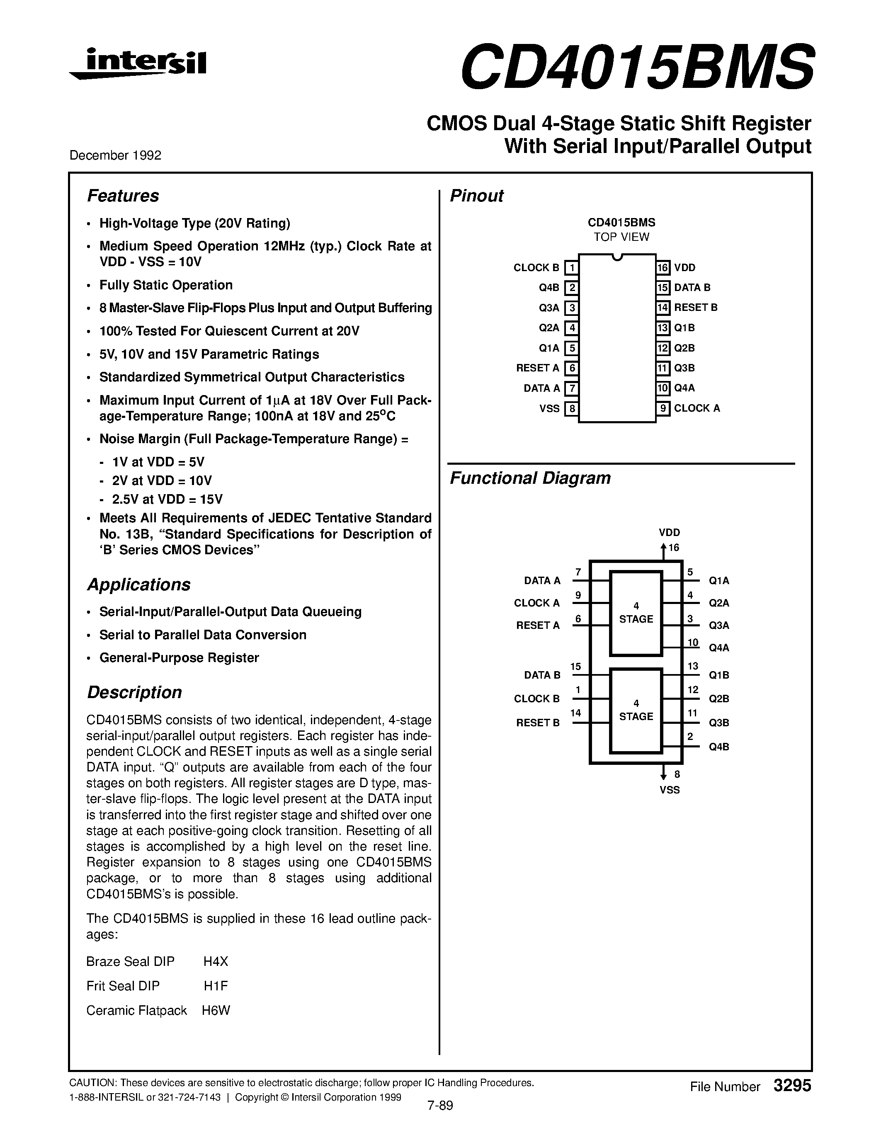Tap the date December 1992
tap(115, 155)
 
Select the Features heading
tap(123, 196)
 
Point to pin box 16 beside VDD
tap(663, 268)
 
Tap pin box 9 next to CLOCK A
tap(663, 408)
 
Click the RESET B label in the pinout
tap(695, 308)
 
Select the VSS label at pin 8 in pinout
tap(549, 408)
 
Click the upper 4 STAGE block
tap(636, 614)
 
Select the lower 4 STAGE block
tap(636, 711)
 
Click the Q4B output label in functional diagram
tap(718, 747)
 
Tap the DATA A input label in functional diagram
tap(542, 580)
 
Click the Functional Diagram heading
tap(530, 478)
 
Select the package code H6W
tap(216, 1011)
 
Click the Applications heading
tap(138, 585)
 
